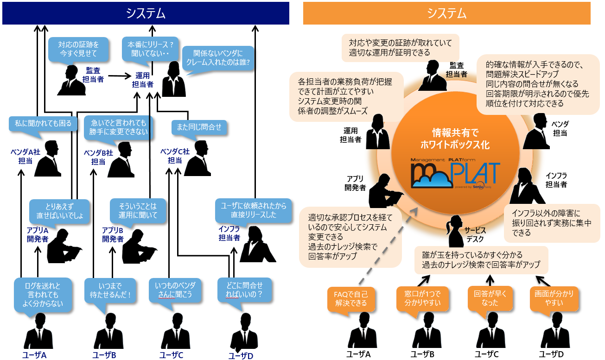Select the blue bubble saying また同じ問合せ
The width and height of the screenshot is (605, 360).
(197, 126)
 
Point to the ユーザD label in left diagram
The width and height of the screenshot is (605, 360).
(241, 356)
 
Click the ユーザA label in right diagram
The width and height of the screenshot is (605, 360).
(358, 354)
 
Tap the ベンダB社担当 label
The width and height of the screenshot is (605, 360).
(98, 157)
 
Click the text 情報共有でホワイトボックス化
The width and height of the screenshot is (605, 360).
(454, 139)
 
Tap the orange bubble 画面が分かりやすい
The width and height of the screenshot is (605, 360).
(554, 298)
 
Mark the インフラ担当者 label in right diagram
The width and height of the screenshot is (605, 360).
(556, 180)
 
